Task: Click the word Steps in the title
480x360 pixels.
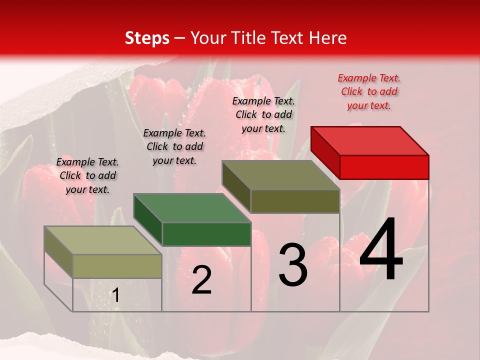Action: [x=146, y=38]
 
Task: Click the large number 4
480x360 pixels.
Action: [x=381, y=249]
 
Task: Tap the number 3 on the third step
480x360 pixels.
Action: [x=293, y=265]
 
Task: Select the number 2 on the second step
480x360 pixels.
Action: [x=201, y=280]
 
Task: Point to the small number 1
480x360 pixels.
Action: [x=115, y=295]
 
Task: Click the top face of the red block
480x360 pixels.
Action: [x=369, y=140]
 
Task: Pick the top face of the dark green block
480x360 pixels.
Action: [x=192, y=208]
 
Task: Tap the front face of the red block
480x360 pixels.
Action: [x=384, y=167]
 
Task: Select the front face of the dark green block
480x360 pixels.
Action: [x=206, y=234]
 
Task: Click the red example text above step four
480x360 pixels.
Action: [x=369, y=91]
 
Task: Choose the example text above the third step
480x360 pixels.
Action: [x=263, y=114]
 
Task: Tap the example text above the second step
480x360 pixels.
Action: [x=174, y=146]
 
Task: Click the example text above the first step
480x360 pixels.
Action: [x=87, y=175]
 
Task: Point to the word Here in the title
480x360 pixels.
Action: [x=327, y=38]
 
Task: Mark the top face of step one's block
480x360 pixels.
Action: [x=103, y=240]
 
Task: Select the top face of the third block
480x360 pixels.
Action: [x=280, y=175]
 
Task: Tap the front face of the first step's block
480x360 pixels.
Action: [x=117, y=266]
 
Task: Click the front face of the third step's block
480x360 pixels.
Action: [x=295, y=201]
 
